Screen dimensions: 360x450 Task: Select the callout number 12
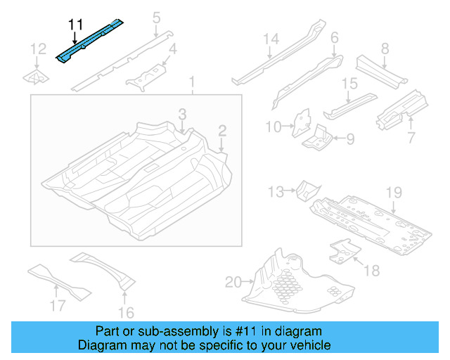37,49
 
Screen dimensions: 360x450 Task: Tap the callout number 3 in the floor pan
181,113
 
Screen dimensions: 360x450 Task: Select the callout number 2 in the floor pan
222,130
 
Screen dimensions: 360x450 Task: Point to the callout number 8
385,49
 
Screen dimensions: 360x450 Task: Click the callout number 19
393,193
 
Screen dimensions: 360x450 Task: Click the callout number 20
232,283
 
